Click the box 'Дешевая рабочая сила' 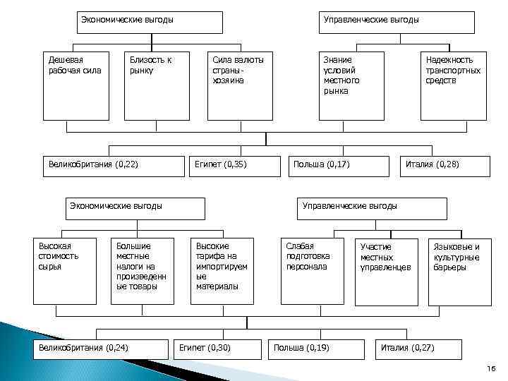75,85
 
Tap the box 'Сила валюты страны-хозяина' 239,85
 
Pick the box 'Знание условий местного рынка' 351,85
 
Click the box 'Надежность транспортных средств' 453,85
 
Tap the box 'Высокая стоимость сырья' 65,270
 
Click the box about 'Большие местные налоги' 142,270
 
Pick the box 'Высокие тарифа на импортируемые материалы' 222,270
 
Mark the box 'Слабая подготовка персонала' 310,270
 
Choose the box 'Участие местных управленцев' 386,271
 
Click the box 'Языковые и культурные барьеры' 459,271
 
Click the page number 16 491,370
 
